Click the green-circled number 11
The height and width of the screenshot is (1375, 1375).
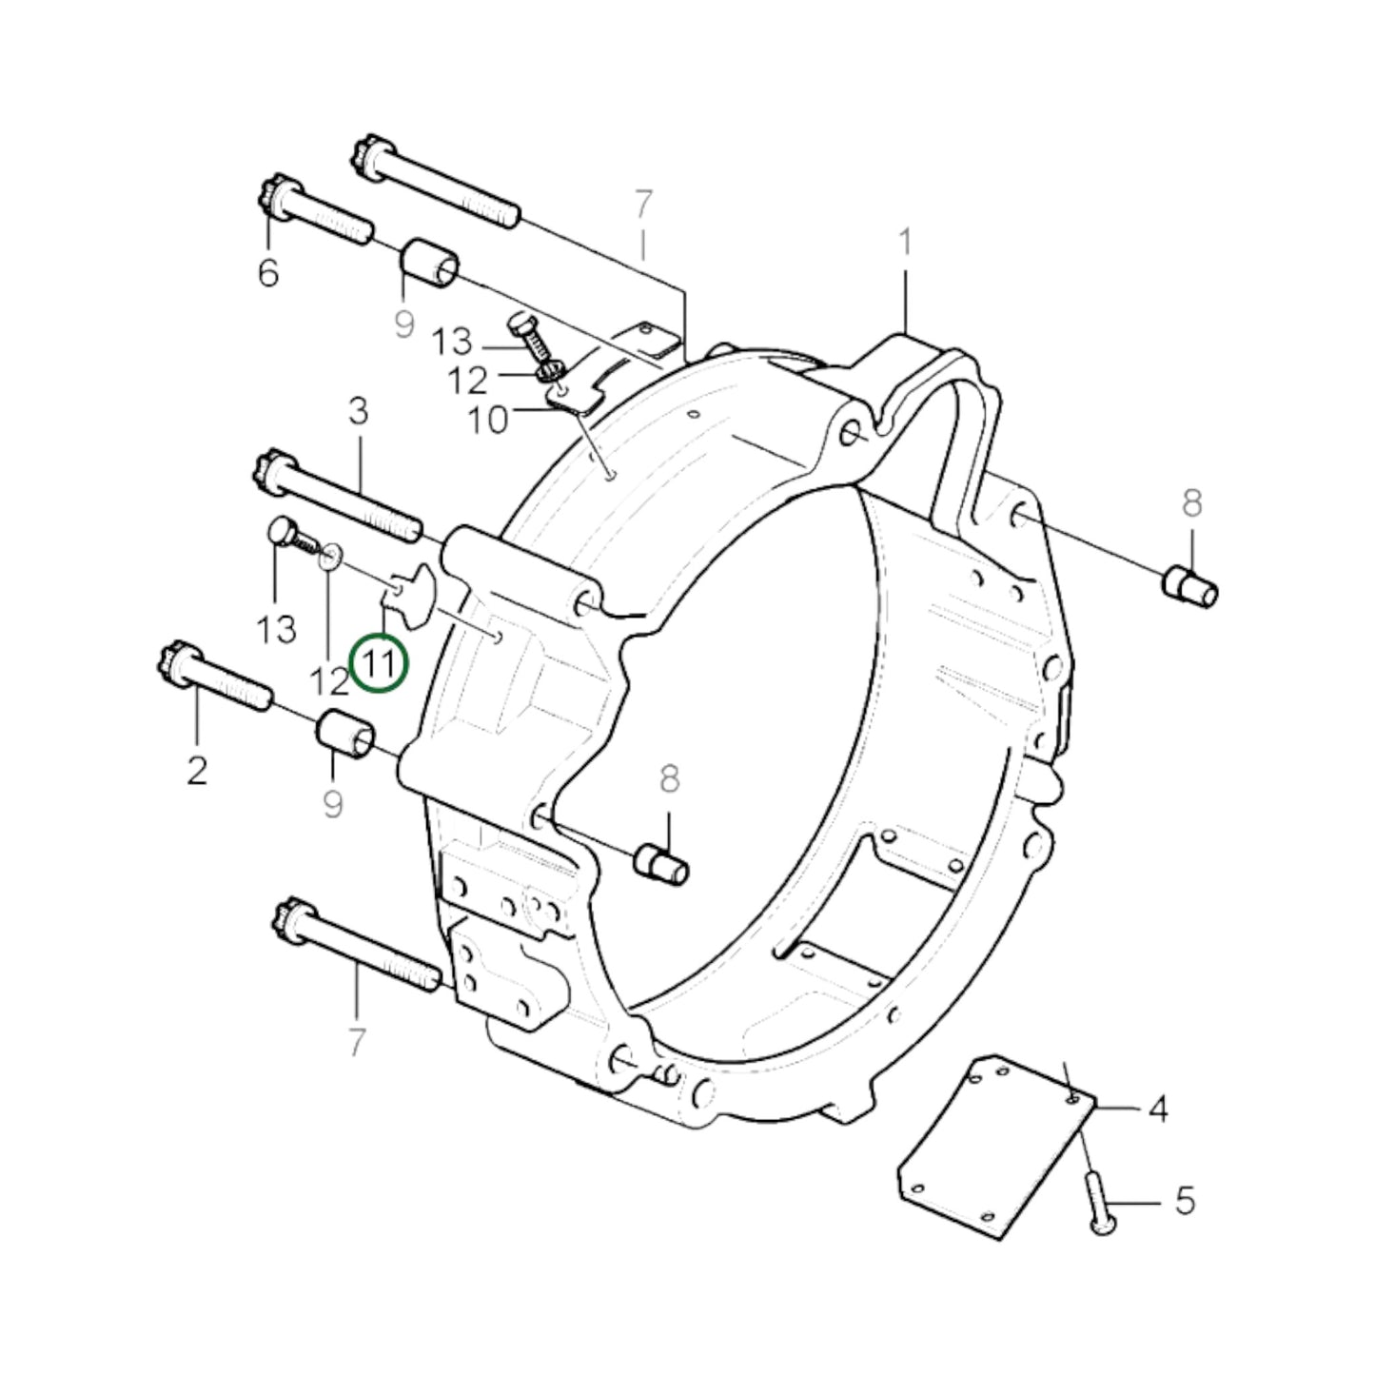click(379, 663)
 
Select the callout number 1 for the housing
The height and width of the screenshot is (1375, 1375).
click(905, 243)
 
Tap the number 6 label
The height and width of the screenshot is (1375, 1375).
click(268, 273)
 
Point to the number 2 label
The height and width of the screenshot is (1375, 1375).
click(196, 770)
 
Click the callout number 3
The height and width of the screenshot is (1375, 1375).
click(358, 412)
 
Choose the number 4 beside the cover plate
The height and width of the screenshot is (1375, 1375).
click(1157, 1109)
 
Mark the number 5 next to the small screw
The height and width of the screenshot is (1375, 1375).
click(1184, 1201)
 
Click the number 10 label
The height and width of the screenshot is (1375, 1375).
click(488, 420)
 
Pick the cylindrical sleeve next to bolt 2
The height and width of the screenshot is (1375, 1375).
click(345, 734)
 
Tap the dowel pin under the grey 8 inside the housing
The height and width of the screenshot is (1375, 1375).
click(662, 862)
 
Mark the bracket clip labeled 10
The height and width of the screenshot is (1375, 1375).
click(577, 394)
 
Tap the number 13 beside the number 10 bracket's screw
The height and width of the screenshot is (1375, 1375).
click(452, 342)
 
